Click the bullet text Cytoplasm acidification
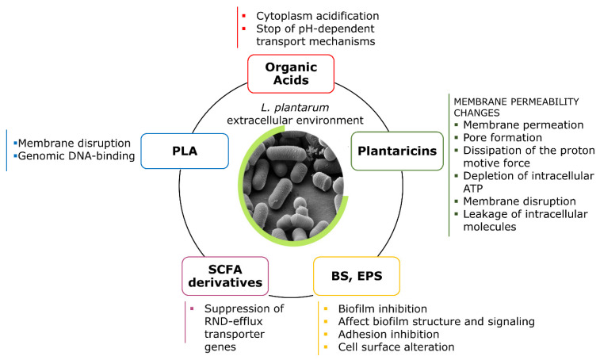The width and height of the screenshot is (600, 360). pyautogui.click(x=317, y=16)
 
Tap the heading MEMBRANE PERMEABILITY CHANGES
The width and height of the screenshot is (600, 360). pyautogui.click(x=503, y=107)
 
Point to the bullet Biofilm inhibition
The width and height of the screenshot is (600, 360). pyautogui.click(x=384, y=308)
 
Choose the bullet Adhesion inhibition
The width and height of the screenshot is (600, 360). pyautogui.click(x=386, y=334)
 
